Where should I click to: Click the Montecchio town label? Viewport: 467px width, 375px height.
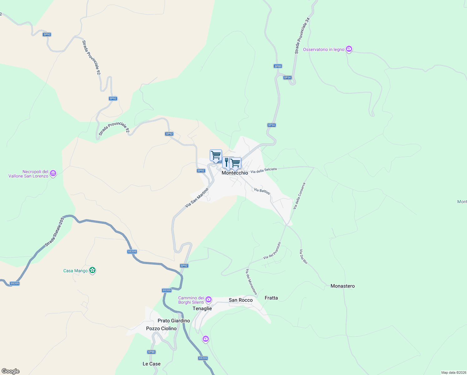pos(235,173)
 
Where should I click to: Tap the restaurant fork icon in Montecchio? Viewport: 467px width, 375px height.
pos(227,162)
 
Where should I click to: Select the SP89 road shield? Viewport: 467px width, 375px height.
pos(278,66)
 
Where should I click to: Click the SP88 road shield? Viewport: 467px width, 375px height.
pos(151,352)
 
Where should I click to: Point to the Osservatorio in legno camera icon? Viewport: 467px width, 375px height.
pos(349,49)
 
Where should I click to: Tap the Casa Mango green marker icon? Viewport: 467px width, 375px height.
pos(92,270)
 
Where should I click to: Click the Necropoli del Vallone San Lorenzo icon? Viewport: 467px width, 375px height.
pos(53,173)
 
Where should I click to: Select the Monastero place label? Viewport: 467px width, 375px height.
pos(342,286)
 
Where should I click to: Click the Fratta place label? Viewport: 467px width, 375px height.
pos(271,298)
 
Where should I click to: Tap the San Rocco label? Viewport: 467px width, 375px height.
pos(241,300)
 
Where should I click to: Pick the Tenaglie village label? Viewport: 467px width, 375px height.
pos(202,308)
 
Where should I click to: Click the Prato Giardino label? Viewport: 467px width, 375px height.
pos(174,321)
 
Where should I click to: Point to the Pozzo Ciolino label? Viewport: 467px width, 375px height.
pos(161,328)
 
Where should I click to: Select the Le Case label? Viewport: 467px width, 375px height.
pos(151,364)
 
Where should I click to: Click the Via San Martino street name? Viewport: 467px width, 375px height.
pos(197,198)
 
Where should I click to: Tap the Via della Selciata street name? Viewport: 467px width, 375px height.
pos(263,170)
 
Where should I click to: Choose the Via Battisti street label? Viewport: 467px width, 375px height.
pos(262,191)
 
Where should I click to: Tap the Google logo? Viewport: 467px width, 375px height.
pos(10,371)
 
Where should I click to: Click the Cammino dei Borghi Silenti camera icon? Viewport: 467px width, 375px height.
pos(208,300)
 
